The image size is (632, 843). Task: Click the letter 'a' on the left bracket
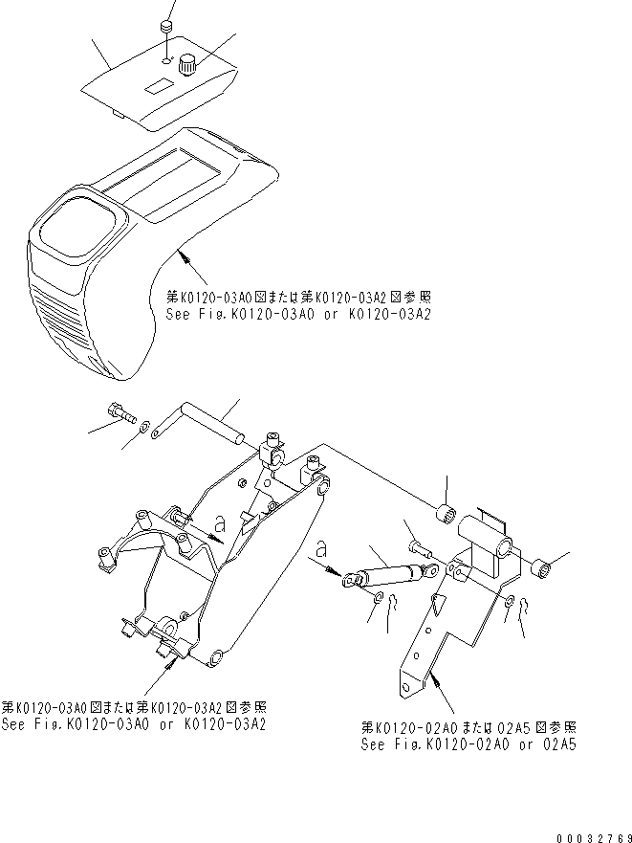219,523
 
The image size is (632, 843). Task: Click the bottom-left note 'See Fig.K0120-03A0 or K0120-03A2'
134,724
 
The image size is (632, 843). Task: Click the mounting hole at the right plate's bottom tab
407,685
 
